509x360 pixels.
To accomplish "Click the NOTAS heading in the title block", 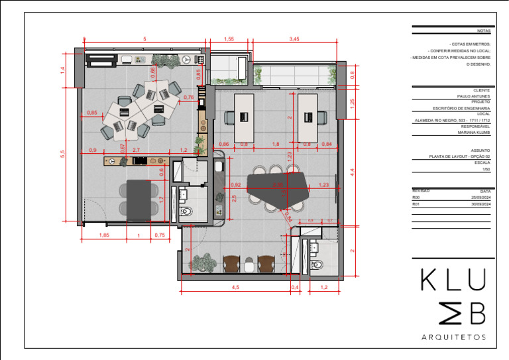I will pyautogui.click(x=483, y=30).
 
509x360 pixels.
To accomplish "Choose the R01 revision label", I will pyautogui.click(x=416, y=205).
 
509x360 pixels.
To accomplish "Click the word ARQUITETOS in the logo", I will pyautogui.click(x=454, y=337).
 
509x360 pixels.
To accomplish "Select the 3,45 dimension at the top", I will pyautogui.click(x=294, y=39).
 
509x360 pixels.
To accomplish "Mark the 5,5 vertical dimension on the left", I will pyautogui.click(x=62, y=153).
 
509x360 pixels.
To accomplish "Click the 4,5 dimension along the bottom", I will pyautogui.click(x=235, y=287).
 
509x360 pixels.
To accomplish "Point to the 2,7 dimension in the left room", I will pyautogui.click(x=137, y=150).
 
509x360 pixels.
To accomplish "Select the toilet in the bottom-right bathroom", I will pyautogui.click(x=317, y=266).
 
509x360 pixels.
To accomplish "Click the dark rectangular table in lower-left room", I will pyautogui.click(x=139, y=198).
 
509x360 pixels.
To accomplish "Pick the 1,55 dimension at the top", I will pyautogui.click(x=229, y=39).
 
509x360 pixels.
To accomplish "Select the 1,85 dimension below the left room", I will pyautogui.click(x=104, y=235).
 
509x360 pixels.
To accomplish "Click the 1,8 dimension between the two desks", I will pyautogui.click(x=275, y=144).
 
